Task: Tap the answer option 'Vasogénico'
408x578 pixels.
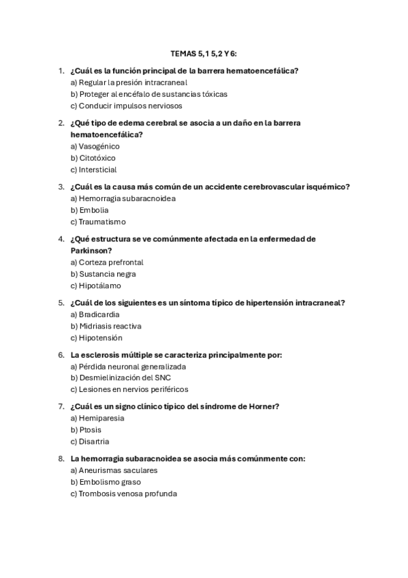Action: [x=95, y=146]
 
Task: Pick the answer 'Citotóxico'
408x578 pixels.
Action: [x=93, y=157]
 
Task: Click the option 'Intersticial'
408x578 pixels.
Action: [x=93, y=169]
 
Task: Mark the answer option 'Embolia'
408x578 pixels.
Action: [x=89, y=210]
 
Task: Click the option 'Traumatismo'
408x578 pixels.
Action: [x=98, y=222]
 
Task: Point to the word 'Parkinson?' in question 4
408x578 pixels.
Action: [x=92, y=250]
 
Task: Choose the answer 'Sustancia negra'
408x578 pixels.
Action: [x=103, y=274]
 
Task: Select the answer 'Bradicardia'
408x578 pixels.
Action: [x=95, y=314]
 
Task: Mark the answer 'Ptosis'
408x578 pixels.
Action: [x=87, y=429]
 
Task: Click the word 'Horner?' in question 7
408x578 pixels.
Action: [x=264, y=407]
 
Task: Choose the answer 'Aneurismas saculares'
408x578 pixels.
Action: [x=114, y=470]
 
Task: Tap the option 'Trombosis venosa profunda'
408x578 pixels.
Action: [x=123, y=493]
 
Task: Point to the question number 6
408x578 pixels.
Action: [x=61, y=355]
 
